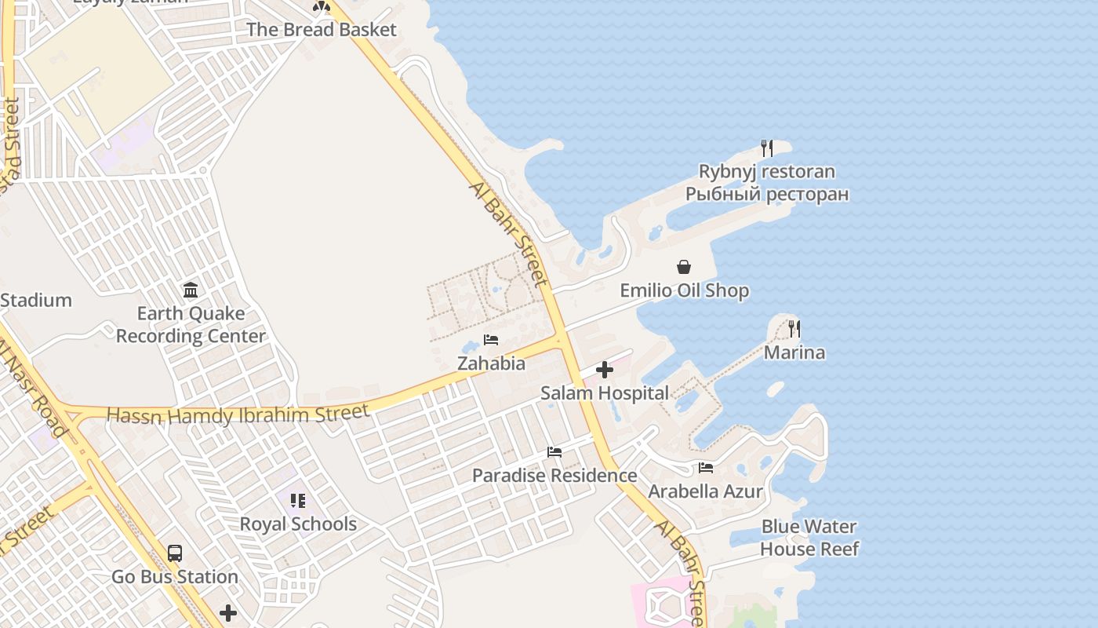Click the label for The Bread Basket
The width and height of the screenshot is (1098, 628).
322,30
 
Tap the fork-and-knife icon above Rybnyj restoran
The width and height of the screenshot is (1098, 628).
767,148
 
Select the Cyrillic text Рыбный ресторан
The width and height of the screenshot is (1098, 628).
767,194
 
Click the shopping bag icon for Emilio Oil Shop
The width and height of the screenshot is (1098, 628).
684,267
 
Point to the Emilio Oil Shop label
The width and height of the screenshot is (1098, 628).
684,290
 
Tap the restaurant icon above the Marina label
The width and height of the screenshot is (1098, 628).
794,328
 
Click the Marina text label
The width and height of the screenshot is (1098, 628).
794,352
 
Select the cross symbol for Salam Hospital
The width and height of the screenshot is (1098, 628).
605,369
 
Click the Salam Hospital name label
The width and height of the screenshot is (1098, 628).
605,393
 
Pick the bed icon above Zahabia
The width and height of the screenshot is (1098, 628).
491,340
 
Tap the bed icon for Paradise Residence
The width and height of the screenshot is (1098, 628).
554,452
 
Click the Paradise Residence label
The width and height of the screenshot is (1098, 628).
554,476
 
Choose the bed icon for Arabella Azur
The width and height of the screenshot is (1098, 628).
706,468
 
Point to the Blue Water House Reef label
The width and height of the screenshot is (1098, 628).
809,538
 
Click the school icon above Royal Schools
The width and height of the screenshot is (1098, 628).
297,500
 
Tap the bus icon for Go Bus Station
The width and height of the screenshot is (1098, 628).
175,553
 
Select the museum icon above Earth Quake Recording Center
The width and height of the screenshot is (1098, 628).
191,290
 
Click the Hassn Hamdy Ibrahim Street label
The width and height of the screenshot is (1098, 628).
238,414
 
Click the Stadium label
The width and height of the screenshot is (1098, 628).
36,300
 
